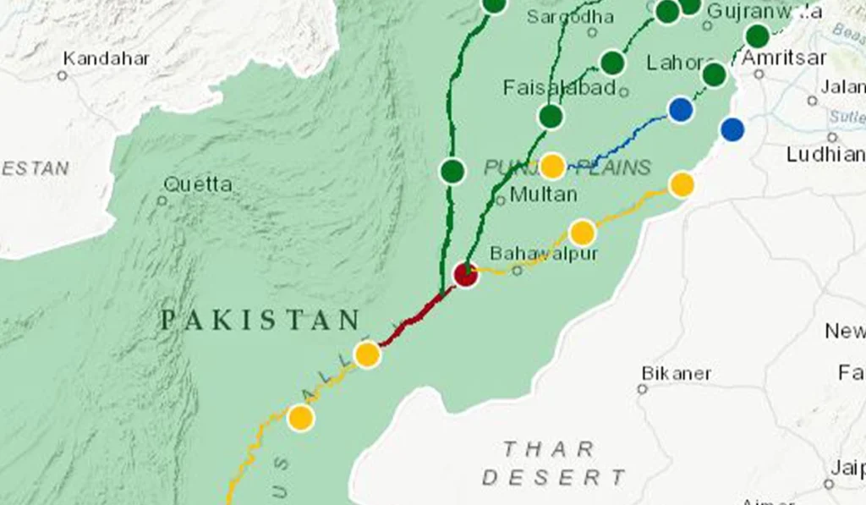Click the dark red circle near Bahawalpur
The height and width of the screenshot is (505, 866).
(x=465, y=274)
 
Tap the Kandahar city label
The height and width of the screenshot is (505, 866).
(x=107, y=59)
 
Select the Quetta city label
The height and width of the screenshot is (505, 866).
(x=198, y=184)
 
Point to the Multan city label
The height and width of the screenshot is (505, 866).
(x=544, y=195)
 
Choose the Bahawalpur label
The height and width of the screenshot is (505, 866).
(x=544, y=253)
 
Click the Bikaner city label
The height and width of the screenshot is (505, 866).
(x=677, y=373)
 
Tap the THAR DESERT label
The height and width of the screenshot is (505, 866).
(x=553, y=464)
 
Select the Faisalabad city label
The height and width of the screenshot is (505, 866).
(x=559, y=88)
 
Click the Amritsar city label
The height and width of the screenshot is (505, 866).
(x=783, y=58)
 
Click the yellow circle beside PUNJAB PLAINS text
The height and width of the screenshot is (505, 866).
(x=552, y=166)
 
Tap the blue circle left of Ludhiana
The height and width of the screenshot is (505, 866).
(x=732, y=129)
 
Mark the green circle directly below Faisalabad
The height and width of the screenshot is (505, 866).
(x=551, y=117)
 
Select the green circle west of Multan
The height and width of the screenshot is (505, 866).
(x=452, y=171)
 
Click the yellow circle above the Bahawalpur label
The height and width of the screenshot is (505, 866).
(x=582, y=232)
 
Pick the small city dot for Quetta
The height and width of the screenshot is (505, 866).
(x=162, y=200)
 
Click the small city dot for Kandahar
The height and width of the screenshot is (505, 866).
(x=62, y=75)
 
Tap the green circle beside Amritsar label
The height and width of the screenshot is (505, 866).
(x=757, y=36)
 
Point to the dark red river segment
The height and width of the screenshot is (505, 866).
(x=414, y=320)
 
